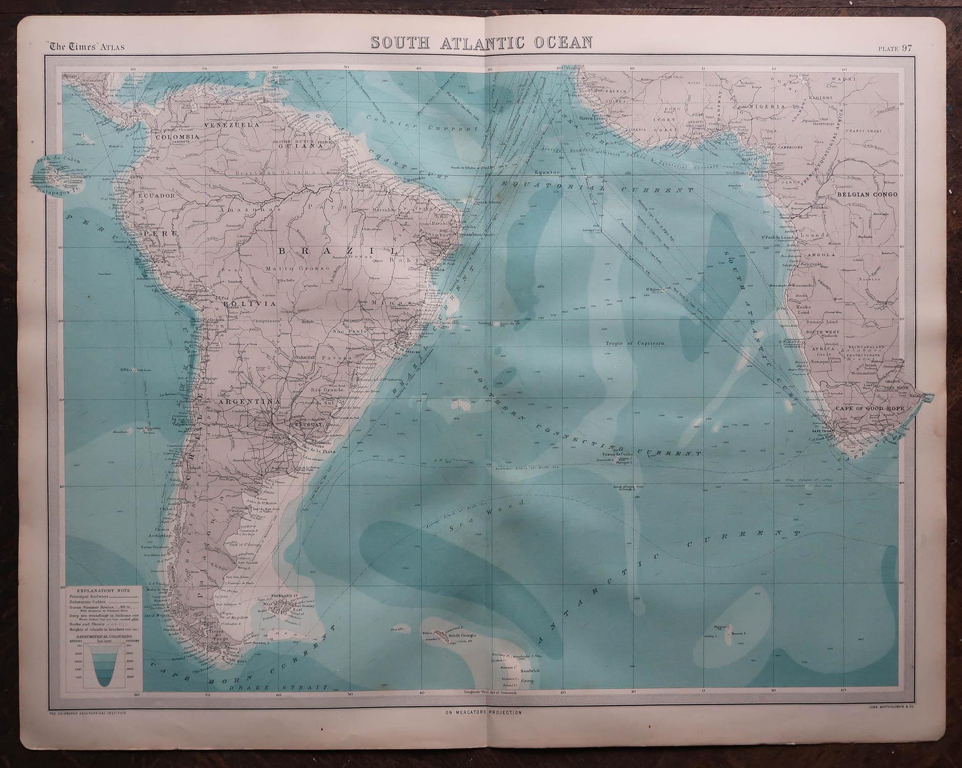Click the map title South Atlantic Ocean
(x=481, y=42)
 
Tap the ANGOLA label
(x=820, y=254)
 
